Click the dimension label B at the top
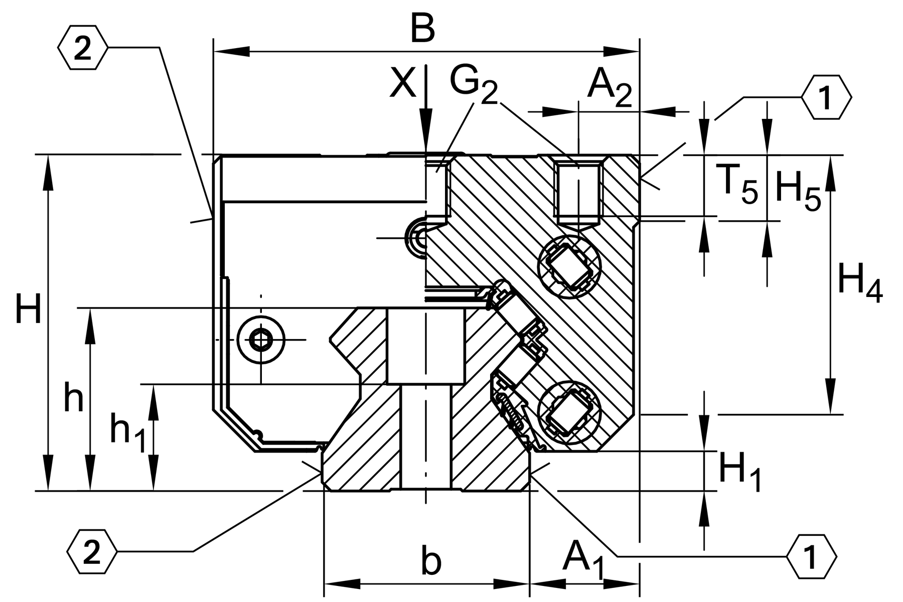[422, 29]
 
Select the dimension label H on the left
[28, 310]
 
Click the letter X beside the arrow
[403, 83]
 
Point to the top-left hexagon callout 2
[83, 49]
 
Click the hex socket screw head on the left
[261, 340]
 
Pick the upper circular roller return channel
[569, 266]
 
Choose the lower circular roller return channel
[569, 412]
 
